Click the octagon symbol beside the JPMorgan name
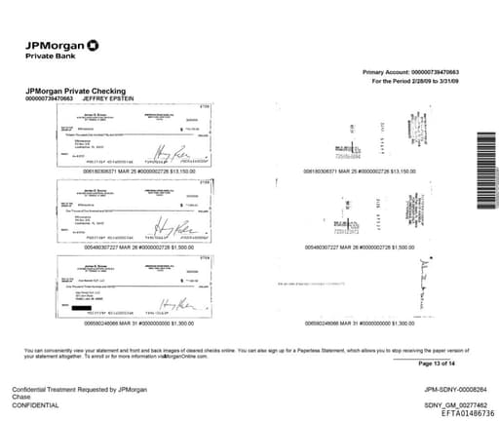pos(93,44)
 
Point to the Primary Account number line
pos(410,73)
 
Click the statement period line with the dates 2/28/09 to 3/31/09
pos(413,82)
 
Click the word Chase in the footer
pos(21,398)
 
